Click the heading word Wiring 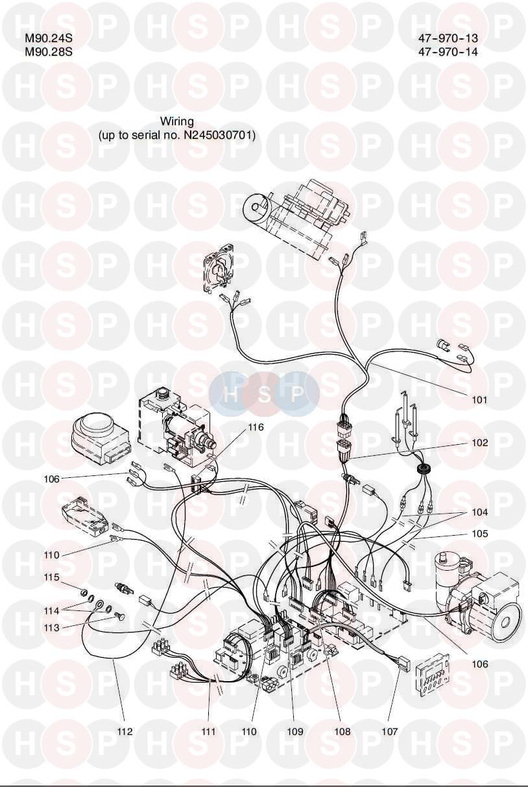(176, 121)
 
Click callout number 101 (479, 400)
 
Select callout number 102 (479, 443)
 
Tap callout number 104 (479, 512)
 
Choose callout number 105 (479, 534)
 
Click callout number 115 (52, 577)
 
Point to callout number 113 (52, 628)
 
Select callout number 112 (125, 732)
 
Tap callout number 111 (208, 732)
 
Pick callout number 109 (295, 732)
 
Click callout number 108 (342, 732)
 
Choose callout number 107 (389, 732)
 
